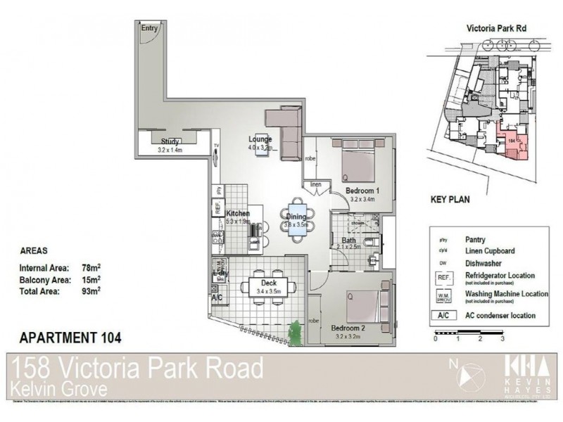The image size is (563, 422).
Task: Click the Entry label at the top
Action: [x=149, y=28]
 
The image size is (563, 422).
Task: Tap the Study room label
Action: [x=170, y=142]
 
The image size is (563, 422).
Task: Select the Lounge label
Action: [x=259, y=139]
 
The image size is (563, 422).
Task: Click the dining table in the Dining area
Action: [x=296, y=223]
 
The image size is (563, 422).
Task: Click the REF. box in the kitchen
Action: [x=218, y=208]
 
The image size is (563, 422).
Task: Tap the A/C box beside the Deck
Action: [x=217, y=298]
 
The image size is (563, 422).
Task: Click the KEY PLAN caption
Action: [x=450, y=199]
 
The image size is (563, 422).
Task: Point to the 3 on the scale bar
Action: [x=502, y=338]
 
